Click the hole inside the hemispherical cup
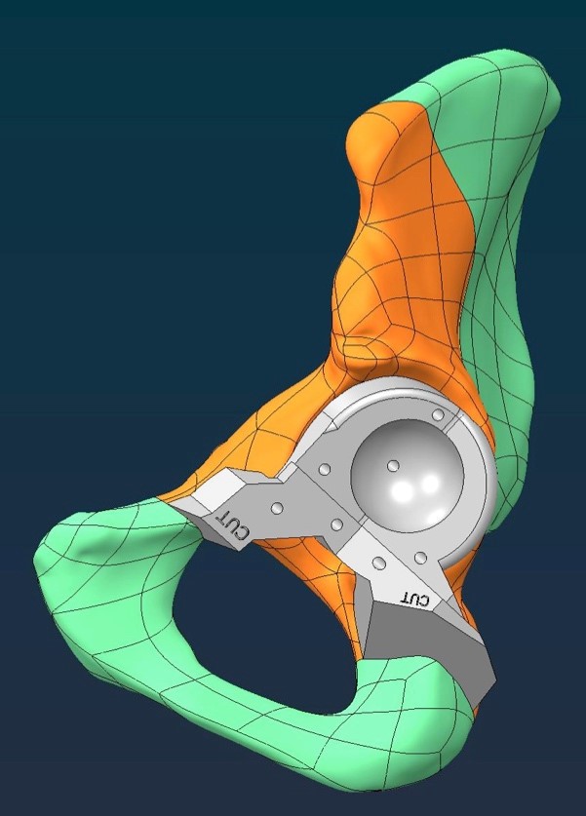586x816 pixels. [x=394, y=465]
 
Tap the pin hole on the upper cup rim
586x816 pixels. [x=439, y=414]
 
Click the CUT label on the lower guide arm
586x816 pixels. [x=415, y=599]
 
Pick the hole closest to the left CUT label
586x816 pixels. [x=277, y=507]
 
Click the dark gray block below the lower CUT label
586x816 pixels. [x=427, y=645]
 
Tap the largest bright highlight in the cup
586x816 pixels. [x=403, y=489]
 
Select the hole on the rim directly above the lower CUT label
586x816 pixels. [x=420, y=559]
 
